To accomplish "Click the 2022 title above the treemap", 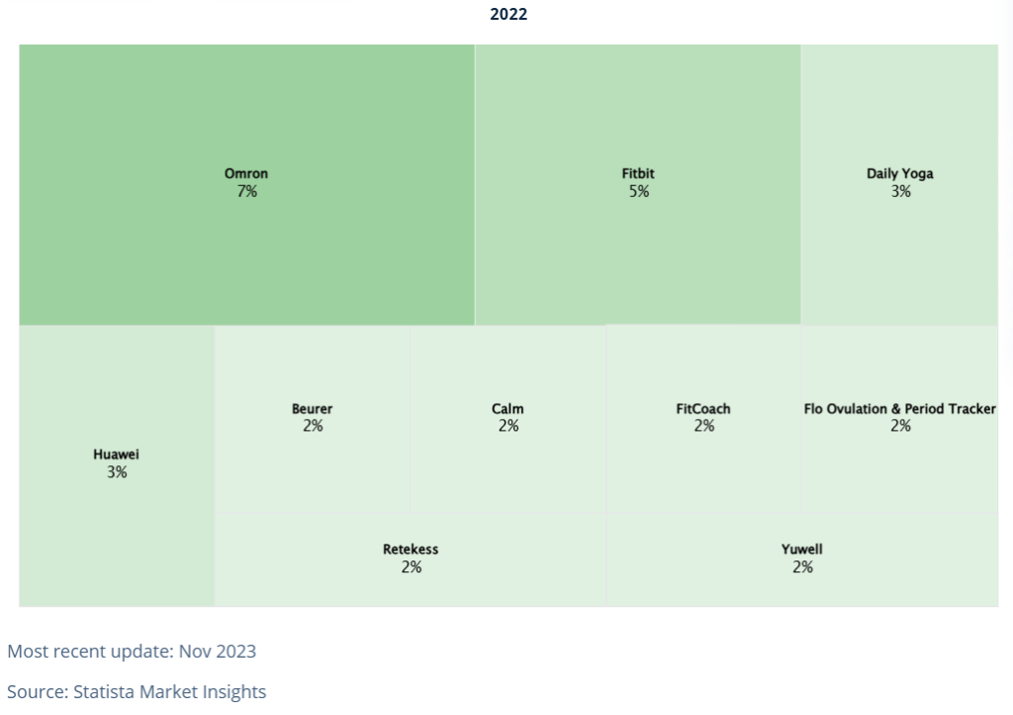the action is click(508, 14).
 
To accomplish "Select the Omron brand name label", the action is click(246, 173).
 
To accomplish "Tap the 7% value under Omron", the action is click(246, 191).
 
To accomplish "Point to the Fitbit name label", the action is click(638, 173).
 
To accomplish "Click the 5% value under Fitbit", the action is click(639, 191).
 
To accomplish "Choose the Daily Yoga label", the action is click(900, 174).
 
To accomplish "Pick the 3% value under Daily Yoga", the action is click(900, 191).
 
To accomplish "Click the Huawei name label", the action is click(117, 455).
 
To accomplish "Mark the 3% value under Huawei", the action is click(117, 472).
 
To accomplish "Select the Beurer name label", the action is click(312, 409).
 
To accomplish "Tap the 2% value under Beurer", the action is click(313, 426).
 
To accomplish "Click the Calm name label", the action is click(507, 409).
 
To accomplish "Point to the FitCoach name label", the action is click(703, 409).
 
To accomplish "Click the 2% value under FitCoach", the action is click(704, 426).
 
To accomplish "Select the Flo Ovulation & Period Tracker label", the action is click(900, 409).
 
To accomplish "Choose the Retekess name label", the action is click(411, 550).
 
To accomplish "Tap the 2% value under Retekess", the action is click(412, 567).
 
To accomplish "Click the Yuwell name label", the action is click(801, 550).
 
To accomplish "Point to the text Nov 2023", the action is click(217, 651).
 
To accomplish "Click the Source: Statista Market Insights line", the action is click(137, 691).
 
